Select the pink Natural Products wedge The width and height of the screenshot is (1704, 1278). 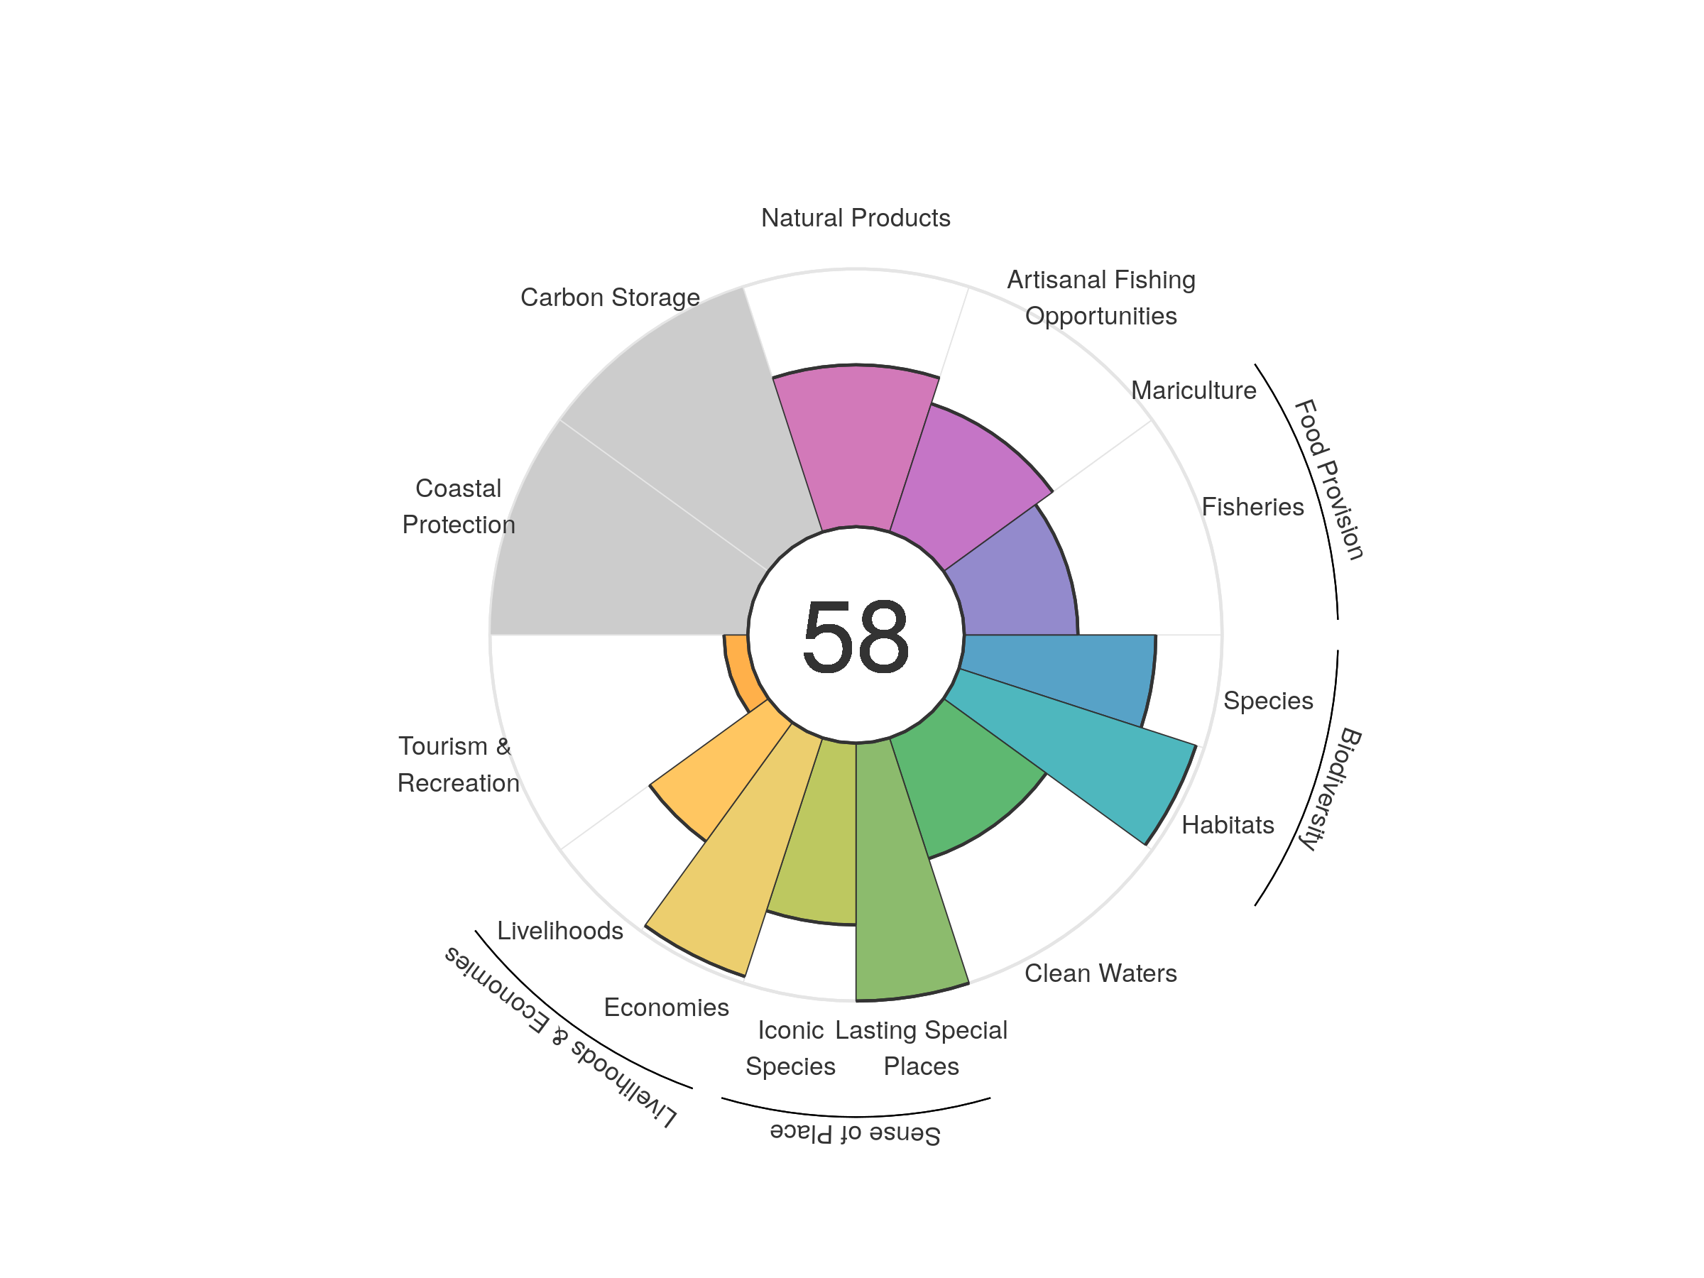(x=855, y=447)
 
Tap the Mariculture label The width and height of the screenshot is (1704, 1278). (x=1194, y=390)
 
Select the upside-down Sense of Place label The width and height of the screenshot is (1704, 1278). (x=855, y=1133)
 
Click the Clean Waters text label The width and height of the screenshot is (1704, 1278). (x=1100, y=973)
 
